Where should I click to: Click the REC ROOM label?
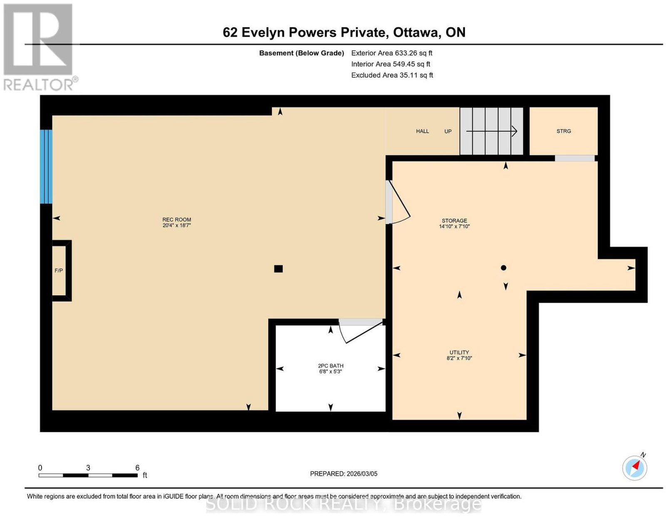click(x=176, y=220)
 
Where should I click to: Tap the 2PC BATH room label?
click(x=331, y=366)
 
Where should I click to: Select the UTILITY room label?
click(x=459, y=352)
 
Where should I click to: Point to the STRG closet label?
click(x=563, y=131)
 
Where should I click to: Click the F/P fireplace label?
click(x=59, y=271)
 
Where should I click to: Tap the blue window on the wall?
click(x=46, y=166)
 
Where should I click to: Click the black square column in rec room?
click(x=278, y=269)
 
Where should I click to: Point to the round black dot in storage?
click(x=503, y=268)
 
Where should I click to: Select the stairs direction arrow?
click(x=492, y=131)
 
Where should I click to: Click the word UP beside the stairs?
click(x=448, y=131)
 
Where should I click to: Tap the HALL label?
click(x=422, y=131)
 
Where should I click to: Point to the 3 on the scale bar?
click(x=88, y=468)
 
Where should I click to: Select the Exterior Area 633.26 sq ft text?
click(x=392, y=53)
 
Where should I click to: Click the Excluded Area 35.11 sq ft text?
click(x=392, y=75)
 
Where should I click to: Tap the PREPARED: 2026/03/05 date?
click(x=343, y=474)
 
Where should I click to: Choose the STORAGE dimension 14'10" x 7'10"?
click(x=454, y=227)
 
